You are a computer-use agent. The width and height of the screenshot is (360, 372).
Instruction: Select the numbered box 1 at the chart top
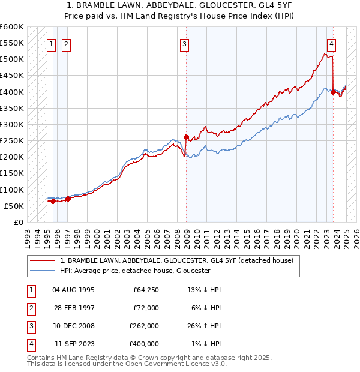click(x=52, y=44)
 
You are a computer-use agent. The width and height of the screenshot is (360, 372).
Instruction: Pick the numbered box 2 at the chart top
click(x=66, y=44)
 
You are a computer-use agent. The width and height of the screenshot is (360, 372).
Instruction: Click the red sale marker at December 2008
click(x=186, y=137)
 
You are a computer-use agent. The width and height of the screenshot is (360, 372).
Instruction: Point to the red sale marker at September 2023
click(x=333, y=92)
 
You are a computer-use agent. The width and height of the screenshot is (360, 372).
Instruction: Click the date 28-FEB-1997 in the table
click(x=74, y=308)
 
